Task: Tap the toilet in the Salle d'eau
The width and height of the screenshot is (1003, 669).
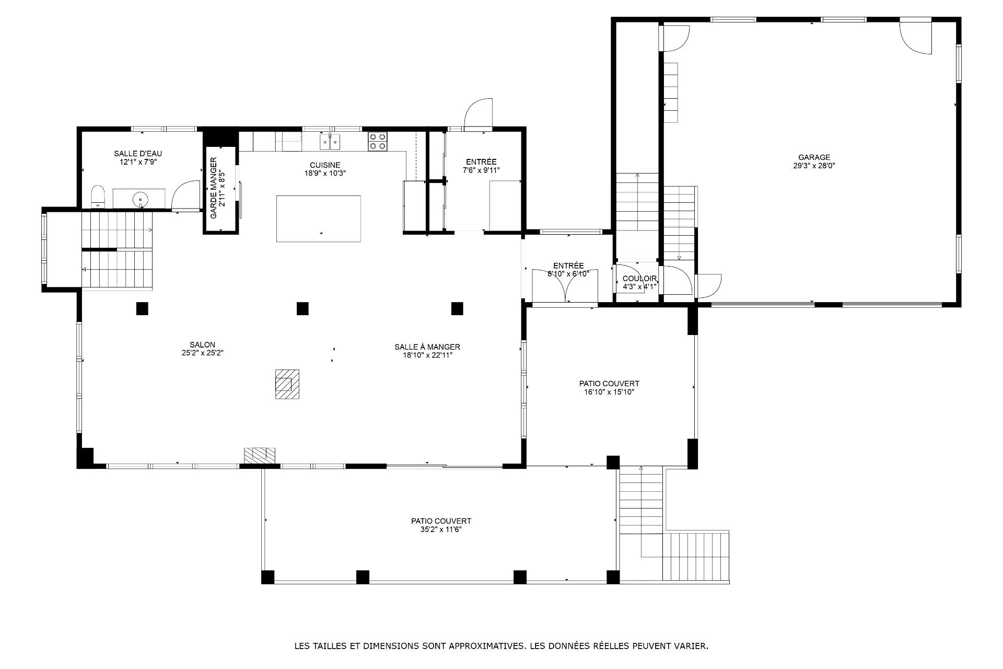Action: click(x=98, y=197)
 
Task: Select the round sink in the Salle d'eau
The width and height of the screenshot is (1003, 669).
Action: click(x=141, y=199)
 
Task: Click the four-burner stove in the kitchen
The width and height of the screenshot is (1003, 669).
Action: click(x=378, y=142)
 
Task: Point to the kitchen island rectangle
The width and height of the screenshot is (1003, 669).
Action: click(x=318, y=218)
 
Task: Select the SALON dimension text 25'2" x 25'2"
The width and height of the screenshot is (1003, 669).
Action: click(x=203, y=353)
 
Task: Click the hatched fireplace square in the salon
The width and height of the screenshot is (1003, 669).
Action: click(x=288, y=384)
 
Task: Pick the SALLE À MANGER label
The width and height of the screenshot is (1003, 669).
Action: click(x=427, y=347)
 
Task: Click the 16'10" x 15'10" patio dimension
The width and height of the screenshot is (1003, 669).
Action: click(x=609, y=392)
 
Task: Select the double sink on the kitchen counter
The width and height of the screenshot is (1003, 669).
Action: click(x=330, y=141)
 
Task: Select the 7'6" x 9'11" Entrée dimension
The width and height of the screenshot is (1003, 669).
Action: click(x=481, y=170)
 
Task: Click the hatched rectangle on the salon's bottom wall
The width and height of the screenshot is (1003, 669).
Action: click(x=260, y=455)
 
